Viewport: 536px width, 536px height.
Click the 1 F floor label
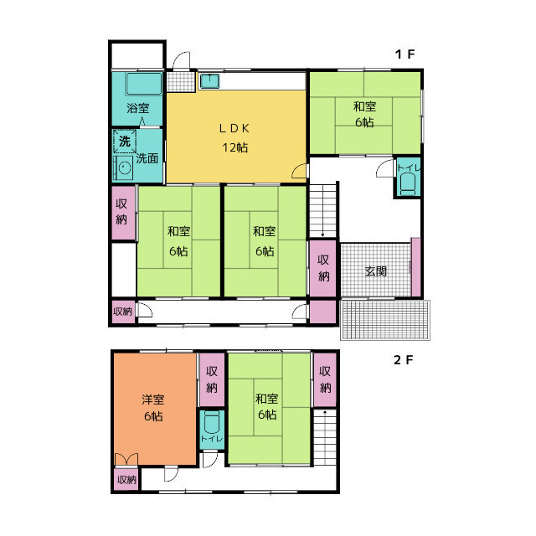(405, 54)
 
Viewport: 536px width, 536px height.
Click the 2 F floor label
(404, 360)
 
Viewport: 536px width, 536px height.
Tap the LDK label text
(234, 128)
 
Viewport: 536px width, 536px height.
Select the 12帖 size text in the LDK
(235, 147)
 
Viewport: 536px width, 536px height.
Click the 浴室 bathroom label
(137, 108)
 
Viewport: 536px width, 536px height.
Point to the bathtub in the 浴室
(143, 84)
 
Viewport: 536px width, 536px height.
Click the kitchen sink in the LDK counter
(210, 81)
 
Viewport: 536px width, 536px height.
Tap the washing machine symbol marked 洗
(125, 141)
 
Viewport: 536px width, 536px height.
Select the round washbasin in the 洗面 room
(125, 167)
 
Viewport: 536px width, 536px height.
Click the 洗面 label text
(147, 158)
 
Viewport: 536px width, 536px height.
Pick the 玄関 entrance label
(376, 271)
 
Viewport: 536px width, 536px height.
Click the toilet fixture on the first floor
(408, 183)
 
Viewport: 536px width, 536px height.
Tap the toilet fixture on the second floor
(212, 422)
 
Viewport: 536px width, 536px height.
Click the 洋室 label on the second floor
(153, 399)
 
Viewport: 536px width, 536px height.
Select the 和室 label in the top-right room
(365, 106)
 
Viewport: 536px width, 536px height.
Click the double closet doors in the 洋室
(126, 459)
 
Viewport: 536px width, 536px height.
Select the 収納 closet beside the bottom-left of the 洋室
(126, 480)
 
